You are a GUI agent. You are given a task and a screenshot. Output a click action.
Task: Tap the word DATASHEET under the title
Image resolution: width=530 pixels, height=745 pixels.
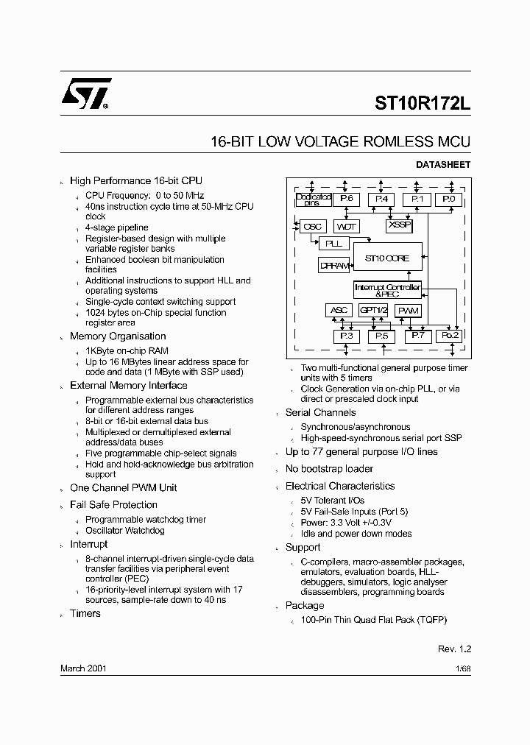coord(443,165)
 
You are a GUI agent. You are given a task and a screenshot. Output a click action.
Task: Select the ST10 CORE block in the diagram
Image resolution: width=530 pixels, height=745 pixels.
coord(387,258)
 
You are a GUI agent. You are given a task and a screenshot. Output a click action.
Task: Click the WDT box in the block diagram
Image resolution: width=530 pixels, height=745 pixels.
coord(347,227)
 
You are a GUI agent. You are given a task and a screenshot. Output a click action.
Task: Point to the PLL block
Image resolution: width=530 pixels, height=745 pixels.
coord(333,243)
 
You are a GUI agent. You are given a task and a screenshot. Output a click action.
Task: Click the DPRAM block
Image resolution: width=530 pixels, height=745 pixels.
coord(334,266)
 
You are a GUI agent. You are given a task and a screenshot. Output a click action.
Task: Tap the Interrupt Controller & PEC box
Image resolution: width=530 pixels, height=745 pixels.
coord(387,290)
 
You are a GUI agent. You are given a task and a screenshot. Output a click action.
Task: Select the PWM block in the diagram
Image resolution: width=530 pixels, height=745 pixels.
coord(408,311)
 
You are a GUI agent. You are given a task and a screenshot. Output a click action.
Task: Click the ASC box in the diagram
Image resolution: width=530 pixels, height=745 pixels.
coord(339,311)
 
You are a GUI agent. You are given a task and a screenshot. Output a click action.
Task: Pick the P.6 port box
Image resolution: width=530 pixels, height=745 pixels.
coord(346,200)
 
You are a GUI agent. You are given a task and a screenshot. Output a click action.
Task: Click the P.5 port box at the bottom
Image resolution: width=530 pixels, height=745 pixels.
coord(381,336)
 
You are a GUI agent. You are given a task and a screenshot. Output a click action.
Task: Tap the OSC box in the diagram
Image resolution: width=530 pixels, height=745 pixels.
coord(313,227)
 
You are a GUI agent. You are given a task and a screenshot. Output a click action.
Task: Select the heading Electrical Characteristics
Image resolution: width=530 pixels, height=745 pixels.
coord(340,486)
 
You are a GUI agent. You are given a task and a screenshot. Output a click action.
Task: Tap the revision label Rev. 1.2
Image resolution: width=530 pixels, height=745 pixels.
coord(454,649)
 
